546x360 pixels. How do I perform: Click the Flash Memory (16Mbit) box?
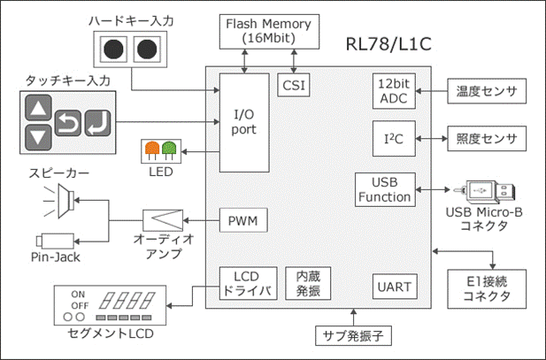pos(269,32)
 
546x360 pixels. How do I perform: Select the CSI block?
pos(294,85)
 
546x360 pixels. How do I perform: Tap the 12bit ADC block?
pos(394,91)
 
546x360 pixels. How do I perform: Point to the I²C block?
pos(394,139)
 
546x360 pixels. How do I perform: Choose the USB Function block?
pos(385,190)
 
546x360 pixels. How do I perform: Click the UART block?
pos(395,287)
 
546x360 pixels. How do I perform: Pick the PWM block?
pos(243,220)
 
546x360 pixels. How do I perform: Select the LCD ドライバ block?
pos(249,283)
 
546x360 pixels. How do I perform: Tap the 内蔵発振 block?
pos(308,283)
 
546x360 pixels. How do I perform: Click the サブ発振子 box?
pos(353,335)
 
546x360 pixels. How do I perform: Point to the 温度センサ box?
pos(487,91)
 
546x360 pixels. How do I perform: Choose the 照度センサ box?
pos(487,139)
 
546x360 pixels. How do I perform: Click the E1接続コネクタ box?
pos(487,289)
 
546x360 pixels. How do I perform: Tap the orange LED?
pos(152,149)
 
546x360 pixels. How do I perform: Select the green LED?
pos(169,149)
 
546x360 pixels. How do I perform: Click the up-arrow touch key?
pos(38,108)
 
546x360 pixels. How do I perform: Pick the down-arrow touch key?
pos(38,137)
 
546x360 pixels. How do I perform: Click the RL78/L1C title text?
pos(388,44)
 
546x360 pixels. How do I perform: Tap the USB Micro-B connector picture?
pos(484,191)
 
